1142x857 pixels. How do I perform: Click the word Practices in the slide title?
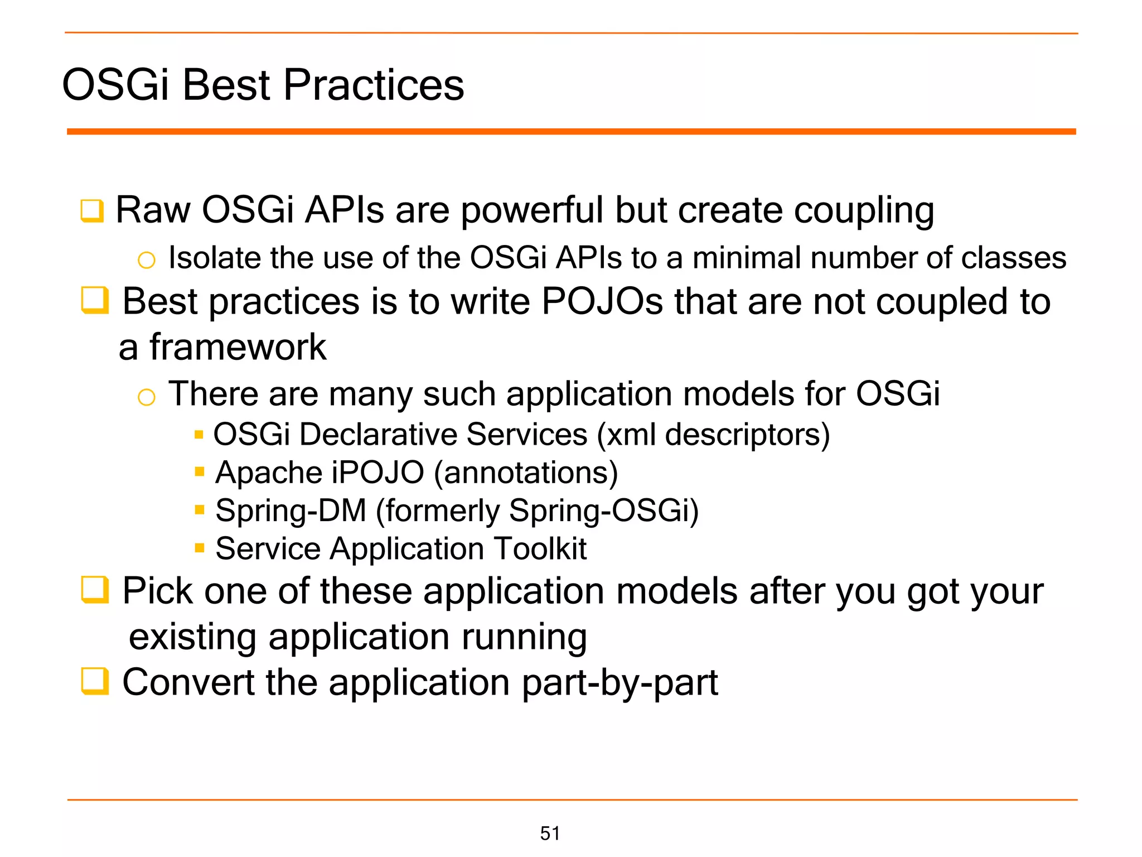tap(374, 85)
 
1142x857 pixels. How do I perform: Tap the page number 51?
tap(550, 833)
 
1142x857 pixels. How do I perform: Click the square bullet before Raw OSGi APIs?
tap(92, 211)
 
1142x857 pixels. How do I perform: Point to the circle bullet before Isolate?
tap(146, 259)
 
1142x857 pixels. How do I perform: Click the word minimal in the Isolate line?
tap(746, 258)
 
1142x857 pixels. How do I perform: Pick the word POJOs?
tap(602, 301)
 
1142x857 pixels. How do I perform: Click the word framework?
tap(238, 347)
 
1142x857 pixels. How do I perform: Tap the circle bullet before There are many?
tap(146, 397)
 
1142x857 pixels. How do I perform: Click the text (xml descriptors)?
tap(713, 435)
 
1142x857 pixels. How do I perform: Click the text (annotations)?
tap(526, 473)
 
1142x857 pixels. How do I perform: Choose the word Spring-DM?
tap(291, 511)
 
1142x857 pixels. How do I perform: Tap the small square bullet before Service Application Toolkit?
tap(200, 547)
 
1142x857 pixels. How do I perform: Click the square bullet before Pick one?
tap(94, 590)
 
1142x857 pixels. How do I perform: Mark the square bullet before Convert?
tap(94, 681)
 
